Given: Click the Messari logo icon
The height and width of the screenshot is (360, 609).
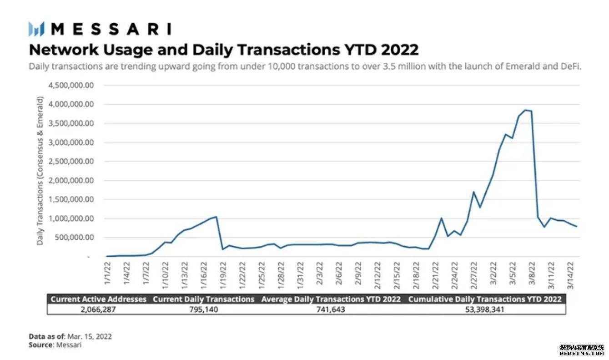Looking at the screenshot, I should tap(36, 29).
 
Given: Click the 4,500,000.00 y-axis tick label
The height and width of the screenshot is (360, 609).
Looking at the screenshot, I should tap(71, 85).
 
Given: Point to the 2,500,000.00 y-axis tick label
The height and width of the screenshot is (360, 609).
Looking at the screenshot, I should tap(71, 161).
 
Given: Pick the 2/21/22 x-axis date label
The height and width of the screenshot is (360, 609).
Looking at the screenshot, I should tap(435, 275).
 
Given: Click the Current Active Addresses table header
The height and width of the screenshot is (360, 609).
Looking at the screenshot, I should tap(99, 299).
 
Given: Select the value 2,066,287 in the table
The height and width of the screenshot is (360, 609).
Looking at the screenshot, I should tap(99, 309).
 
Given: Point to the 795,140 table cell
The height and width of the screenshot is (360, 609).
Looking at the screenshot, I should tap(203, 309).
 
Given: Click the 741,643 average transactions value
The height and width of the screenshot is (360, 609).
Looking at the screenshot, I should tap(331, 309).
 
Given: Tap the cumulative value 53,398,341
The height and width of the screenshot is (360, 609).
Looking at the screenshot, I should tap(485, 309).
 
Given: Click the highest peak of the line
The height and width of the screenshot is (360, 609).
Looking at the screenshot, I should tap(525, 110).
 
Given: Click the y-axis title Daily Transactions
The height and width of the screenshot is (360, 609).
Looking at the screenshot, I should tap(40, 171).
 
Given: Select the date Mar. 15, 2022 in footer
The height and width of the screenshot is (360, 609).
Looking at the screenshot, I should tap(90, 336).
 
